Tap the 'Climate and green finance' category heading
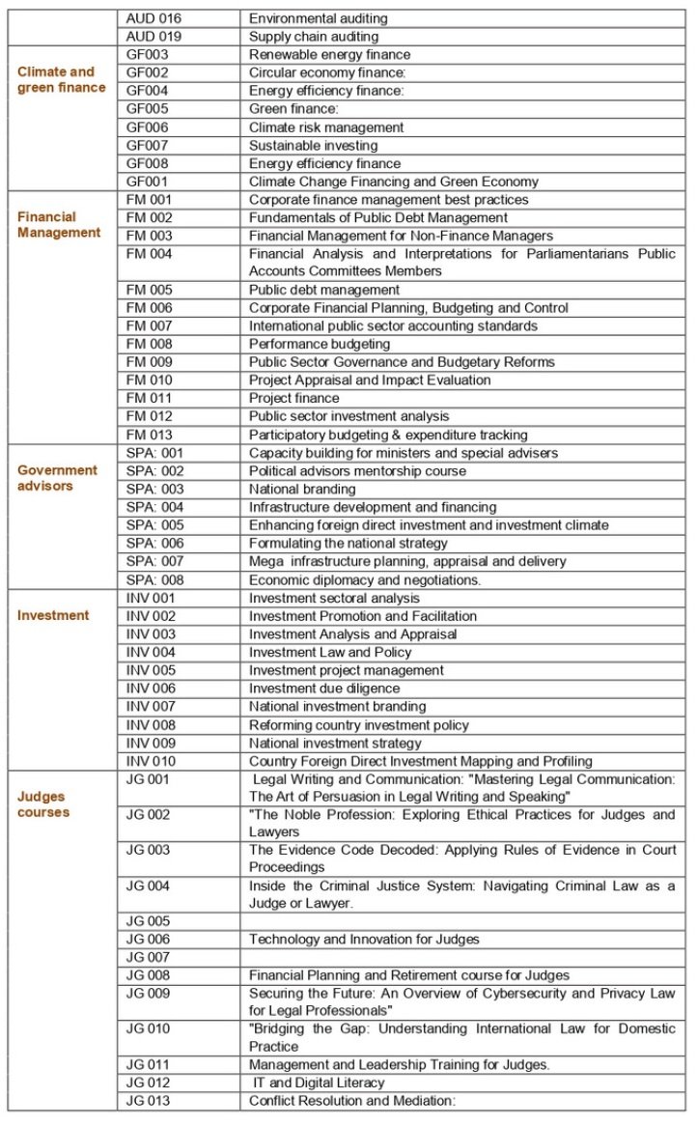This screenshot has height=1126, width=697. coord(61,79)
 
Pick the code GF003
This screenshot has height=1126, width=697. coord(148,55)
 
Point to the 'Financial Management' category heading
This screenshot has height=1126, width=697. coord(59,224)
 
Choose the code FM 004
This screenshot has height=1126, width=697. coord(150,254)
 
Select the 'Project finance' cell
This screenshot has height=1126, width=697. coord(294,399)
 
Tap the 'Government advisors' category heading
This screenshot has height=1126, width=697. coord(58,478)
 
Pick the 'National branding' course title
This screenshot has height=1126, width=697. coord(302,490)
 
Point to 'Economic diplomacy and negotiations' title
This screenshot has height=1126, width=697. coord(365,580)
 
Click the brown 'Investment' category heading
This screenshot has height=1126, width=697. coord(53,615)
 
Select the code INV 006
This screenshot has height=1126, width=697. coord(151,689)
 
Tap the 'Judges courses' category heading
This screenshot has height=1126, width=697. coord(43,804)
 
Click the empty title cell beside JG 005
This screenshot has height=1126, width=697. coord(462,921)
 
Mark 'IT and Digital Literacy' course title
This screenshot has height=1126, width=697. coord(318,1083)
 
